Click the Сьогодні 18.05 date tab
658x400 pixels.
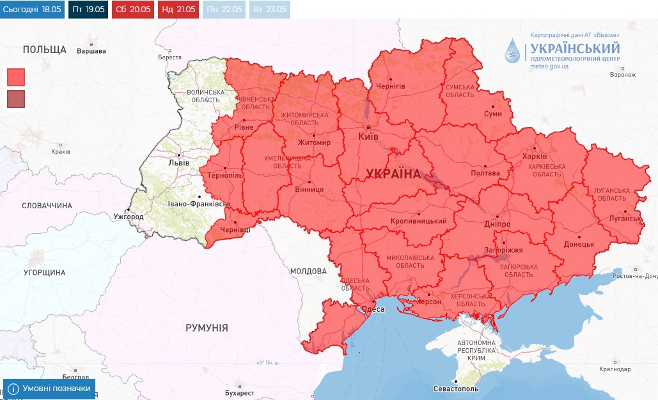(x=33, y=10)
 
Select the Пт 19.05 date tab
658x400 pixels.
(x=88, y=10)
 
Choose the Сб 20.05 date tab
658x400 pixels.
(x=132, y=10)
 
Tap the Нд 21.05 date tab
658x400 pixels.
(x=177, y=10)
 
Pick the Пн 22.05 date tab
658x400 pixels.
(x=223, y=10)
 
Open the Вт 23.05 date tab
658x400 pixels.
(x=268, y=10)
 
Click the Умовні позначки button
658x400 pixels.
(x=49, y=388)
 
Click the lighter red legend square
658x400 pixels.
(x=16, y=77)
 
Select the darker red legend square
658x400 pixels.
(x=16, y=99)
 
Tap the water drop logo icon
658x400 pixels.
(x=513, y=52)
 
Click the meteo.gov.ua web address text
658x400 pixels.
(x=549, y=66)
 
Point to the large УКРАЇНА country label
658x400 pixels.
(x=394, y=174)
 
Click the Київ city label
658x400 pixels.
(x=368, y=137)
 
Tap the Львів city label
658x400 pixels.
(x=178, y=162)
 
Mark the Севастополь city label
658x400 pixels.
(x=455, y=388)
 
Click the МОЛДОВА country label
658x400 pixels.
(x=308, y=272)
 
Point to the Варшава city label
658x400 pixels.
(x=91, y=50)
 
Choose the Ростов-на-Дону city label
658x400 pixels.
(x=634, y=276)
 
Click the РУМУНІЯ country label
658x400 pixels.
(x=207, y=327)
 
